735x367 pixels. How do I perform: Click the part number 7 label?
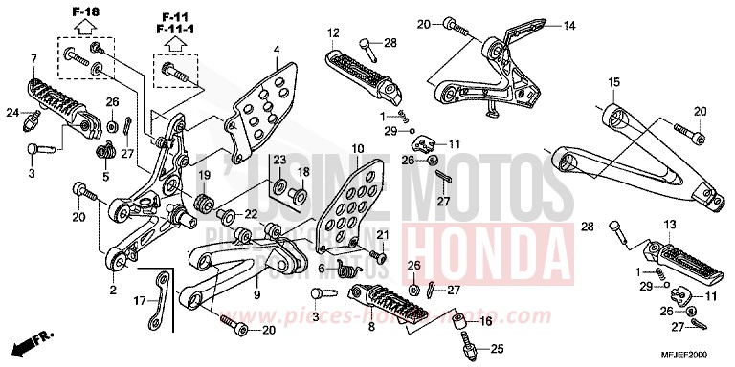tap(33, 59)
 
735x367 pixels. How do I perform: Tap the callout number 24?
tap(13, 113)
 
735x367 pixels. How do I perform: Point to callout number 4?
tap(276, 50)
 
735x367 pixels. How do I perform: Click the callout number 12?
tap(334, 34)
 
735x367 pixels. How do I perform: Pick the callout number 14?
tap(570, 25)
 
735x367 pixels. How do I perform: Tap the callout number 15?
tap(613, 80)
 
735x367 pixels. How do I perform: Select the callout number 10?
tap(357, 149)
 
